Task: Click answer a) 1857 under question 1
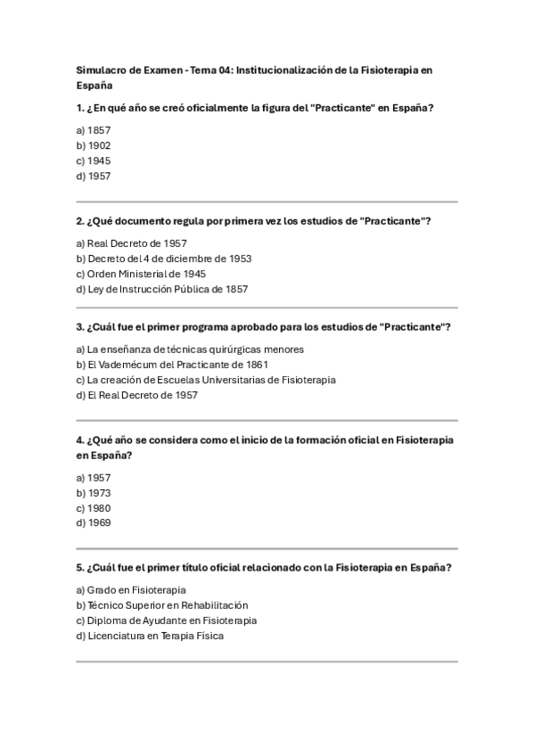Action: [94, 130]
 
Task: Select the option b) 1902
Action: [94, 145]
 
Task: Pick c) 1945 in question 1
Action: [94, 160]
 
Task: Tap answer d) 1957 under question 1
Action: [94, 176]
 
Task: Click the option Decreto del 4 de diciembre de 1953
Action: [164, 259]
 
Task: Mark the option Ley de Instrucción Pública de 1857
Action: [162, 289]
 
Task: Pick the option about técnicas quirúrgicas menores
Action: [190, 349]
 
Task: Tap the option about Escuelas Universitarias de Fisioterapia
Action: [206, 380]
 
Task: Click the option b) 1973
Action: [94, 493]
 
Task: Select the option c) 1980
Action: [94, 508]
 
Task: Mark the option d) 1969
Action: [94, 523]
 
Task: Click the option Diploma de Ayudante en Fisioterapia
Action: [166, 620]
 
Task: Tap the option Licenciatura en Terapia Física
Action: [150, 636]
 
